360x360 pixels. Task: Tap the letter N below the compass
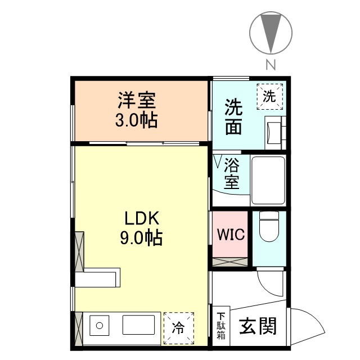coord(271,64)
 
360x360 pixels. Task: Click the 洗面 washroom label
coord(233,117)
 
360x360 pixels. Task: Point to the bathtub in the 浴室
coord(268,180)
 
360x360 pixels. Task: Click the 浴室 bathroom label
coord(232,174)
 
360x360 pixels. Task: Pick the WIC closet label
coord(231,234)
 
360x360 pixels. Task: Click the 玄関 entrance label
coord(259,326)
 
